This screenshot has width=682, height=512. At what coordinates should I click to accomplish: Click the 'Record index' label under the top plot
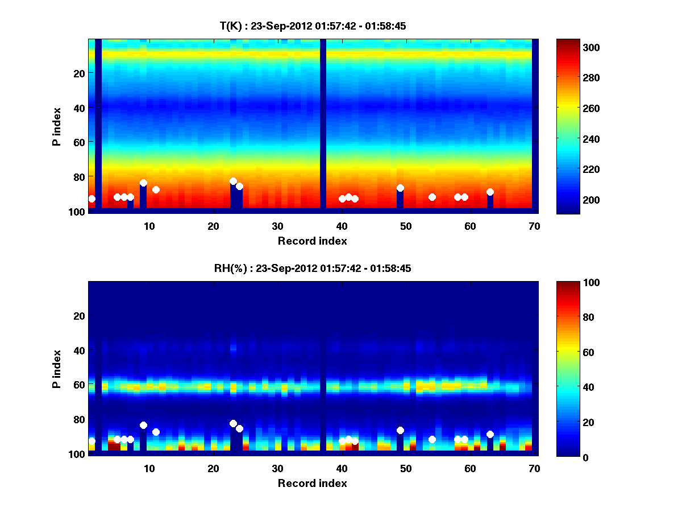coord(312,241)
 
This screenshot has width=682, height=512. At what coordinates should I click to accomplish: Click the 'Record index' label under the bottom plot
coord(312,483)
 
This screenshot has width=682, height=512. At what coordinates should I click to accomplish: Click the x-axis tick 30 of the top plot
coord(277,226)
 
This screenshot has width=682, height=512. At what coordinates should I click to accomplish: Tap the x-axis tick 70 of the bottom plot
coord(534,468)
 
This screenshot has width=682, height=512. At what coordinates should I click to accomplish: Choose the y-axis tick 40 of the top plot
coord(78,108)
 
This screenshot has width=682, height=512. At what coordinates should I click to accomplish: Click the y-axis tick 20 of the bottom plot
coord(78,315)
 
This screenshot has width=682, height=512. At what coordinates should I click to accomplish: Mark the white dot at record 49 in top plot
coord(400,188)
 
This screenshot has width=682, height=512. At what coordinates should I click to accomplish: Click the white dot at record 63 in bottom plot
coord(490,434)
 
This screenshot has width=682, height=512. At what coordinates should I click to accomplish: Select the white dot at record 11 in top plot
coord(156,189)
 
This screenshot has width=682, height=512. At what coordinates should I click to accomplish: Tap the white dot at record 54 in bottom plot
coord(432,439)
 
